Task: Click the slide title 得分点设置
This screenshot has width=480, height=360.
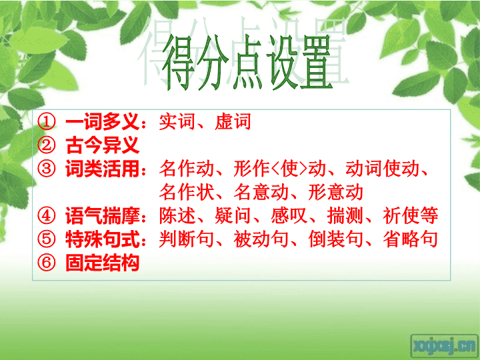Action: [x=247, y=63]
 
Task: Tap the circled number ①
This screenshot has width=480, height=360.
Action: [x=47, y=121]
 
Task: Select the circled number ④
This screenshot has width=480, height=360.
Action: [x=47, y=215]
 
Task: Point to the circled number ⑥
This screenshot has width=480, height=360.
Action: [x=47, y=263]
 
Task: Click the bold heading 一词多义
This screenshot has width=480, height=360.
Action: [x=103, y=121]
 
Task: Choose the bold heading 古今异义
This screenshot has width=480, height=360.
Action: [x=103, y=145]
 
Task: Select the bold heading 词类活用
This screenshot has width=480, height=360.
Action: [x=103, y=169]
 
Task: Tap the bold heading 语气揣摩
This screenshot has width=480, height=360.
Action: [x=103, y=215]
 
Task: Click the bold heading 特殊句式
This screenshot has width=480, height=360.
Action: [x=103, y=239]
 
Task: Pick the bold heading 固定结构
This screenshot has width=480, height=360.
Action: [x=103, y=263]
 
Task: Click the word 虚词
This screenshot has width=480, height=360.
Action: [x=233, y=121]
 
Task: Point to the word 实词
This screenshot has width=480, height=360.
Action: [x=177, y=121]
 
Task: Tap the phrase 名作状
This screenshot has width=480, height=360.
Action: [x=187, y=192]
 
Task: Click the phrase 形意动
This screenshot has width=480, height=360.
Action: [x=336, y=192]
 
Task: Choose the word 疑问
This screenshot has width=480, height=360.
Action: [x=233, y=215]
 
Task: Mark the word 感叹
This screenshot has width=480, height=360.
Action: [x=289, y=215]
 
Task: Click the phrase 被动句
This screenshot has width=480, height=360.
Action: [x=261, y=239]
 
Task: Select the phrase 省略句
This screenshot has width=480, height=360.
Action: [x=410, y=239]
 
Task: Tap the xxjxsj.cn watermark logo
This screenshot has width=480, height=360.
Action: [x=444, y=347]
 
